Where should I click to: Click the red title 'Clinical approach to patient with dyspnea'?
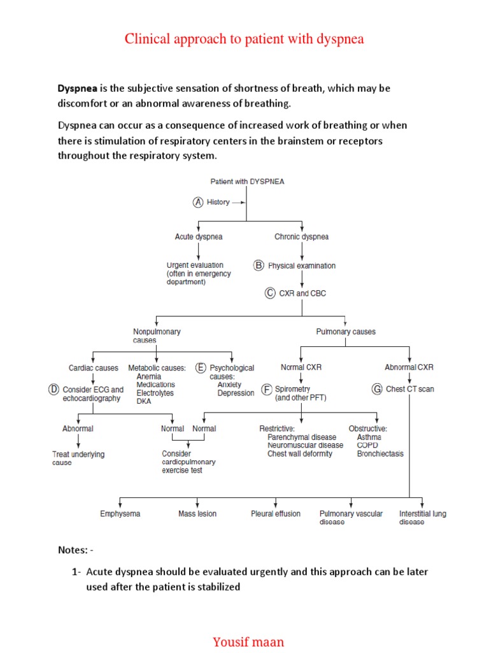pyautogui.click(x=244, y=39)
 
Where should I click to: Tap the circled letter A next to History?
pyautogui.click(x=197, y=202)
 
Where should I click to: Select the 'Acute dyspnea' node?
pyautogui.click(x=199, y=237)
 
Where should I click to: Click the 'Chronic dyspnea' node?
pyautogui.click(x=302, y=237)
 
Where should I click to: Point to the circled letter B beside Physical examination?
pyautogui.click(x=259, y=265)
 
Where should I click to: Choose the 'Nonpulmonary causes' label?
pyautogui.click(x=157, y=335)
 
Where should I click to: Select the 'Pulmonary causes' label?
pyautogui.click(x=346, y=332)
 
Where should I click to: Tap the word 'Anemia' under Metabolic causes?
pyautogui.click(x=149, y=377)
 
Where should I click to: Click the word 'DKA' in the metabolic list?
pyautogui.click(x=145, y=402)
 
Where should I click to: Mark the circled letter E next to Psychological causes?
pyautogui.click(x=201, y=368)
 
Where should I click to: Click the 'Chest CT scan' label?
pyautogui.click(x=409, y=389)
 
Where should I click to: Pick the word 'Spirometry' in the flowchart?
pyautogui.click(x=293, y=389)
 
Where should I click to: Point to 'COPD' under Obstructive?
pyautogui.click(x=367, y=445)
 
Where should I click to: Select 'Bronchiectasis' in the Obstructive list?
pyautogui.click(x=379, y=454)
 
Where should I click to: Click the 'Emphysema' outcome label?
pyautogui.click(x=120, y=514)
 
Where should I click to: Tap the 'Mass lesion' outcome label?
pyautogui.click(x=197, y=514)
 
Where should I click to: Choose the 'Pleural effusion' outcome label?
pyautogui.click(x=276, y=514)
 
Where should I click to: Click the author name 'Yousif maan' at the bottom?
pyautogui.click(x=248, y=642)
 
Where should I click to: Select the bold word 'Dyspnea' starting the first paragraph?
pyautogui.click(x=79, y=89)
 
